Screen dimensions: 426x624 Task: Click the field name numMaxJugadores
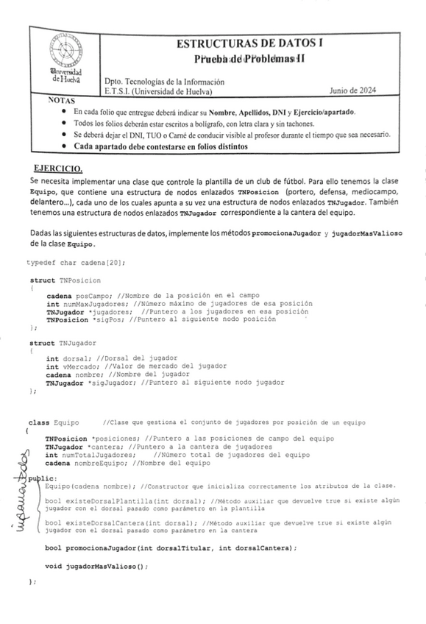click(93, 303)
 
